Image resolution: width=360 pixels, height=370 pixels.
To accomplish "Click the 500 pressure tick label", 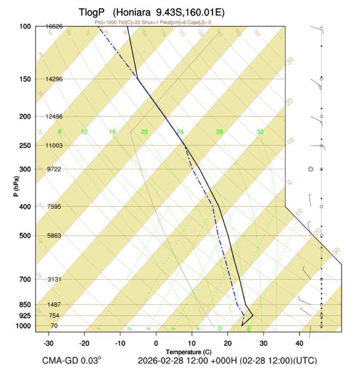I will pos(25,236).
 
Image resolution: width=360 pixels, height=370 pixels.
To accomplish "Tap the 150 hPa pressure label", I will pos(25,79).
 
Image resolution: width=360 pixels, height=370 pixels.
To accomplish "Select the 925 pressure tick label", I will pos(25,316).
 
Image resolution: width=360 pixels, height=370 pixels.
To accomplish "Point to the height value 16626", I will pos(54,26).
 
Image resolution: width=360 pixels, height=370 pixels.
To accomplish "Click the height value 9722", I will pos(54,169).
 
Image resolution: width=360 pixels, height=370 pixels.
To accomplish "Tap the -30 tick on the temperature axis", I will pos(49,343).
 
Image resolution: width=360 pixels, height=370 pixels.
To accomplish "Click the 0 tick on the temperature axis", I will pos(156,343).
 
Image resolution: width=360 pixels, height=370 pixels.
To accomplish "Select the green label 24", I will pos(180,132).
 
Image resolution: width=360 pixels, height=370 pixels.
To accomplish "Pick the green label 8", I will pos(60,132).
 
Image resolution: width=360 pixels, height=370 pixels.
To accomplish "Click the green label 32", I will pos(260,132).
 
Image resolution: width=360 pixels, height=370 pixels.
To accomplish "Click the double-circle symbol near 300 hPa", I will pos(310,169).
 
